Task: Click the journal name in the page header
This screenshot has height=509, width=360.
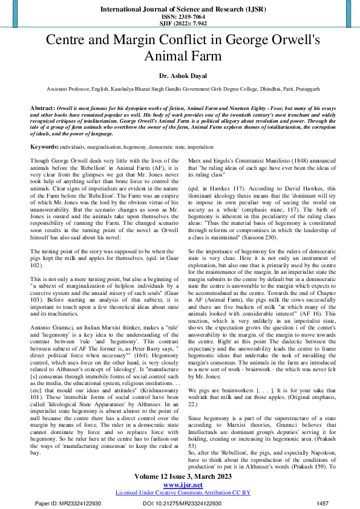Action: pos(180,10)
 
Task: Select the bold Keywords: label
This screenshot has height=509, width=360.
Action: pos(44,147)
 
